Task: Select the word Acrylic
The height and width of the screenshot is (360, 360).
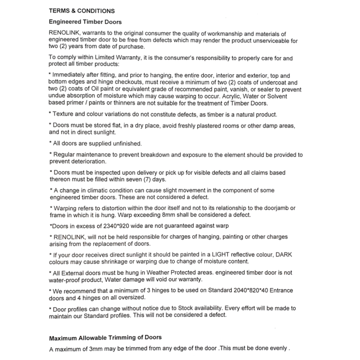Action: point(237,96)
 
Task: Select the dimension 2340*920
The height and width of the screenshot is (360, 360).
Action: point(107,225)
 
